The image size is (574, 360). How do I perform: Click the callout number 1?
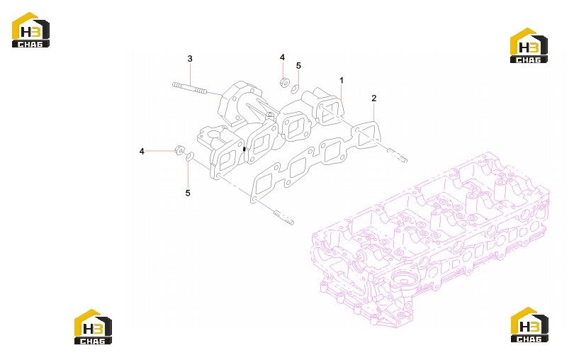coord(342,80)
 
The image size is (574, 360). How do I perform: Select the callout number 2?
coord(373,98)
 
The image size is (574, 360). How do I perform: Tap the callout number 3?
coord(190,59)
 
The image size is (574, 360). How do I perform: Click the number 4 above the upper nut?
coord(282,57)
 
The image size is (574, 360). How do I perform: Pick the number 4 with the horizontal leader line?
coord(142,151)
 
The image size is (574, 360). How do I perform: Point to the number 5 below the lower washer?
coord(188,193)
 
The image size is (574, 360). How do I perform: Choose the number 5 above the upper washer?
coord(298,66)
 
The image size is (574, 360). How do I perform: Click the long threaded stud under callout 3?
coord(189,88)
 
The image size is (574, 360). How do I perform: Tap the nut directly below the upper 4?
coord(283,82)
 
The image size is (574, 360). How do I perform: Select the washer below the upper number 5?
coord(295,89)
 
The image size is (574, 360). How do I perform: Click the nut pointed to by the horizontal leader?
coord(179,150)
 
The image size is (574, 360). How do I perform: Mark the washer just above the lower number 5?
coord(189,157)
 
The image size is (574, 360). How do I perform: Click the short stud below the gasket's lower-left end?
coord(283,217)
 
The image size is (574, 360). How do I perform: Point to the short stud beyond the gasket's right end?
coord(397,155)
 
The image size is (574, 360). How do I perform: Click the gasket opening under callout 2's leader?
coord(366,135)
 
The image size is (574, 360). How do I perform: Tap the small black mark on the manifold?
coord(244,149)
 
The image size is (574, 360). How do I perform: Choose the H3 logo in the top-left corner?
coord(30,30)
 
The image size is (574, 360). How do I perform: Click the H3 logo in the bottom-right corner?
coord(529,325)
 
